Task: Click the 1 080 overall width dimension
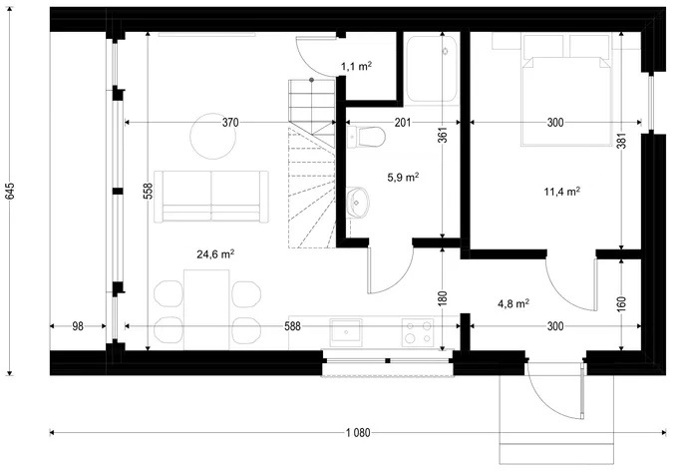pos(358,432)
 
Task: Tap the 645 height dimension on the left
pos(10,191)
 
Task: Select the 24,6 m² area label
pos(215,253)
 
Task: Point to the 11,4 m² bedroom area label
pos(562,191)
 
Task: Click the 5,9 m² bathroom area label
pos(403,177)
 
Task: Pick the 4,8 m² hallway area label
pos(513,303)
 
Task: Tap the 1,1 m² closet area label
pos(356,66)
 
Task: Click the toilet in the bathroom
pos(366,137)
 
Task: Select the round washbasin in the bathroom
pos(357,202)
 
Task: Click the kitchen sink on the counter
pos(346,332)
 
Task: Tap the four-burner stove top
pos(417,332)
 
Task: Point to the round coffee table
pos(213,136)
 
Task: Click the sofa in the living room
pos(211,197)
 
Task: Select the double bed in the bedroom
pos(566,90)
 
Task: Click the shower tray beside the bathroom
pos(431,69)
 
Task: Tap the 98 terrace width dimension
pos(78,326)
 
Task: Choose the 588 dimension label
pos(292,326)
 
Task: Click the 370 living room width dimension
pos(230,123)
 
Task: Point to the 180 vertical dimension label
pos(443,298)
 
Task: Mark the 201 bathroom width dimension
pos(403,123)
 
